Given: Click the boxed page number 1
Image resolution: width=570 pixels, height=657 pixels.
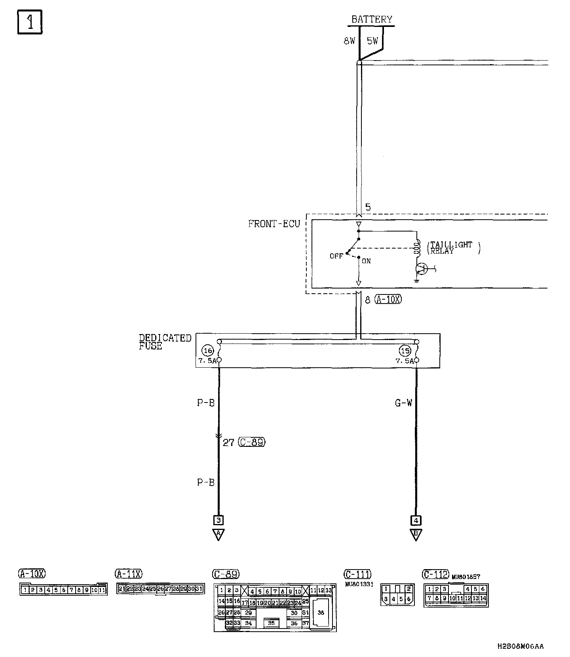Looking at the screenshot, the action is (30, 23).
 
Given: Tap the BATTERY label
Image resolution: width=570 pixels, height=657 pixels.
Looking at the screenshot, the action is (372, 19).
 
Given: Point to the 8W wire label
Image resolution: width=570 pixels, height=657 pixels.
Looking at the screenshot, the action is (350, 41).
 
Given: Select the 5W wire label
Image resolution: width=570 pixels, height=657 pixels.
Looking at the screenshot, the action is (372, 41).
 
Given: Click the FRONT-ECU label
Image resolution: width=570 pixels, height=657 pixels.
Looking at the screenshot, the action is (274, 224).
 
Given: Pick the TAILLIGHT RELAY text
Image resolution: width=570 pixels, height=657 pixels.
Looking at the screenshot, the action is (452, 248).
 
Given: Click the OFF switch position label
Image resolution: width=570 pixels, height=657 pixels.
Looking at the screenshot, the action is (336, 256).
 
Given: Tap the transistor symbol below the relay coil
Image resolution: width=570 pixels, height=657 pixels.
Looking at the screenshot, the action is (421, 269).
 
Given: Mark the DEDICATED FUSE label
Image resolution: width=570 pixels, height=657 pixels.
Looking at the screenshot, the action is (165, 342).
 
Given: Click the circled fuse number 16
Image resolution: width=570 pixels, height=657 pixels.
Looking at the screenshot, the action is (207, 351).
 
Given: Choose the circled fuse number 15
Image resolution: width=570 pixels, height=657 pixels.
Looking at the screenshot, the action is (405, 351).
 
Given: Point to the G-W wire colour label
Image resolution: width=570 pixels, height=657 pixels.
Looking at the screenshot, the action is (403, 403).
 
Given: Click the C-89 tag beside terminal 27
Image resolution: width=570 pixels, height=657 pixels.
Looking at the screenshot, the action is (252, 442).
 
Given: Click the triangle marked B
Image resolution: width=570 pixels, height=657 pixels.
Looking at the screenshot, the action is (416, 534).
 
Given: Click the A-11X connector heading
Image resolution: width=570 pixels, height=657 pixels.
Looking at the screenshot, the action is (129, 573).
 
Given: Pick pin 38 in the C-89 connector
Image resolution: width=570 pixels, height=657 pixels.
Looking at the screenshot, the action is (321, 613).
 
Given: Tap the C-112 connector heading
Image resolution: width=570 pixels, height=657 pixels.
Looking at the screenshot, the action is (435, 574).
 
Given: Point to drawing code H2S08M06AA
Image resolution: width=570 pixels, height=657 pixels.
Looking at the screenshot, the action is (520, 646).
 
